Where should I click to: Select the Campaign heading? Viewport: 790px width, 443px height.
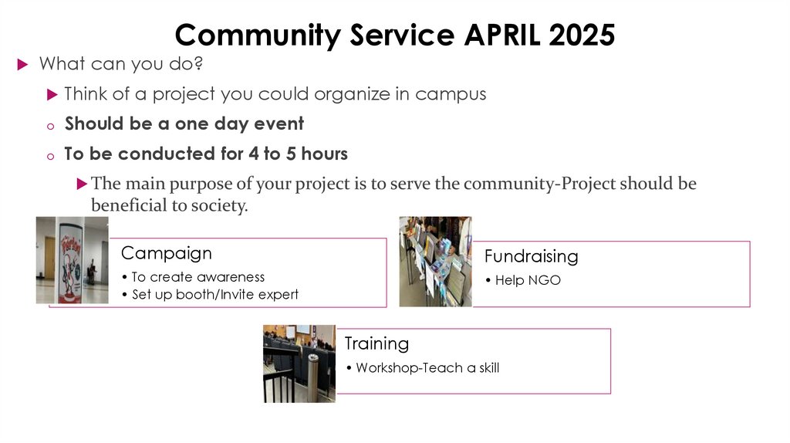click(x=166, y=253)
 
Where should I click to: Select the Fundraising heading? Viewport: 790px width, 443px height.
click(x=531, y=256)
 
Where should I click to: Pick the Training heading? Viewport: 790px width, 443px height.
click(x=376, y=343)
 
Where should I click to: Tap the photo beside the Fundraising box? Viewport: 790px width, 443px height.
click(x=434, y=261)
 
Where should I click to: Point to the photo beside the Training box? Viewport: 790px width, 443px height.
click(x=299, y=364)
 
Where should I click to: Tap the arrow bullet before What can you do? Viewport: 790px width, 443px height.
click(x=22, y=64)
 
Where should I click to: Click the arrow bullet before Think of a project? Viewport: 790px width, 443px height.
click(x=52, y=95)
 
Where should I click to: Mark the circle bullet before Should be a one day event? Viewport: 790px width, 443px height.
click(x=50, y=126)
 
